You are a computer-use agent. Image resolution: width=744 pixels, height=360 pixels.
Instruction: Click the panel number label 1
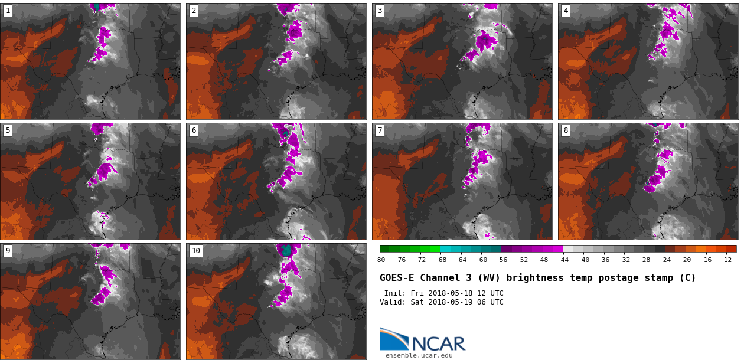8,11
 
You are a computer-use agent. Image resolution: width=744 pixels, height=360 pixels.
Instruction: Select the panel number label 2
194,11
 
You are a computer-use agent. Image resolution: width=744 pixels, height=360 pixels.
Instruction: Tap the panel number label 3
380,11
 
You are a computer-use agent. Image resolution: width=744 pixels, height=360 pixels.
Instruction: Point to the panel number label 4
566,11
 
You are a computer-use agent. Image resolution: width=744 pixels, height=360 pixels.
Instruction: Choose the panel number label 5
8,130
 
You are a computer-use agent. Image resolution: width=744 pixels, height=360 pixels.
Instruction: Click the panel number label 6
194,130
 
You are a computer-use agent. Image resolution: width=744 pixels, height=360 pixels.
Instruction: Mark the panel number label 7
380,130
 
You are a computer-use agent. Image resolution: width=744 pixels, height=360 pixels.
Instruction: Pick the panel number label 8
566,130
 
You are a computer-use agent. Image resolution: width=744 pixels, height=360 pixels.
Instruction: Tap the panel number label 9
8,251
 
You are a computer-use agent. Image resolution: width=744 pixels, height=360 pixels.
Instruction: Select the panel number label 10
196,251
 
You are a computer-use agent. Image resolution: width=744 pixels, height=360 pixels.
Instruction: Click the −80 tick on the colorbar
380,260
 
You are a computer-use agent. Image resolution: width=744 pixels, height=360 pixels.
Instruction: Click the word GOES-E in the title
397,278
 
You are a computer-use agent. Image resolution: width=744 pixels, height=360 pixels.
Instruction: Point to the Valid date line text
441,302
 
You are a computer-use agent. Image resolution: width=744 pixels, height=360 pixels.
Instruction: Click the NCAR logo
422,340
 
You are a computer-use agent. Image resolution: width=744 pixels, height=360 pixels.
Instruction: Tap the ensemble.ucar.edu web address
419,355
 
